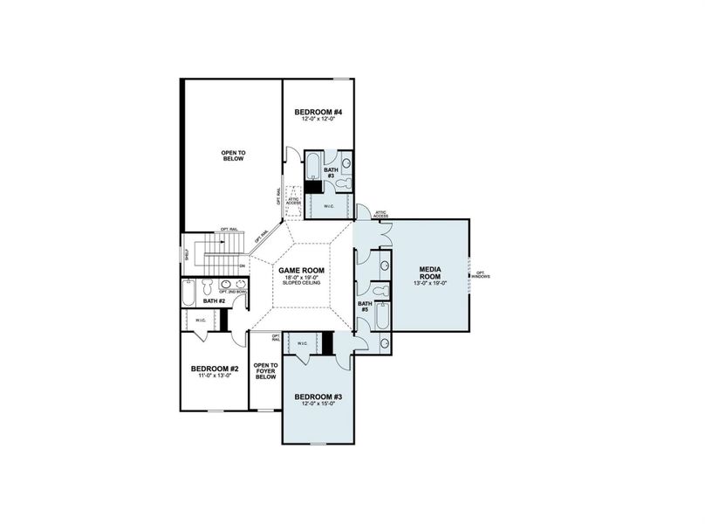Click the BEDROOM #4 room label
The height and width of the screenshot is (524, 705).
click(318, 112)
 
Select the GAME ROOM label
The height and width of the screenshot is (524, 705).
click(301, 271)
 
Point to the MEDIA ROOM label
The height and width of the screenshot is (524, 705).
click(429, 272)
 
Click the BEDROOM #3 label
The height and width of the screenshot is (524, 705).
click(318, 397)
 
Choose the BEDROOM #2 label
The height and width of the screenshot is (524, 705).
click(214, 369)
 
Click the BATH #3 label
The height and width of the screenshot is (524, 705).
click(332, 172)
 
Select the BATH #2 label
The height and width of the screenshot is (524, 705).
click(214, 301)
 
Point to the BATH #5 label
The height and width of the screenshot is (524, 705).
click(365, 307)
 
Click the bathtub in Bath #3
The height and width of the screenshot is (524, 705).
click(312, 165)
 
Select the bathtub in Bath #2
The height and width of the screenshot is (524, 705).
click(189, 293)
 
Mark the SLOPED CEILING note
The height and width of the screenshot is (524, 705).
click(301, 284)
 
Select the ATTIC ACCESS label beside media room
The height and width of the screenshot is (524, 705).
click(380, 213)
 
